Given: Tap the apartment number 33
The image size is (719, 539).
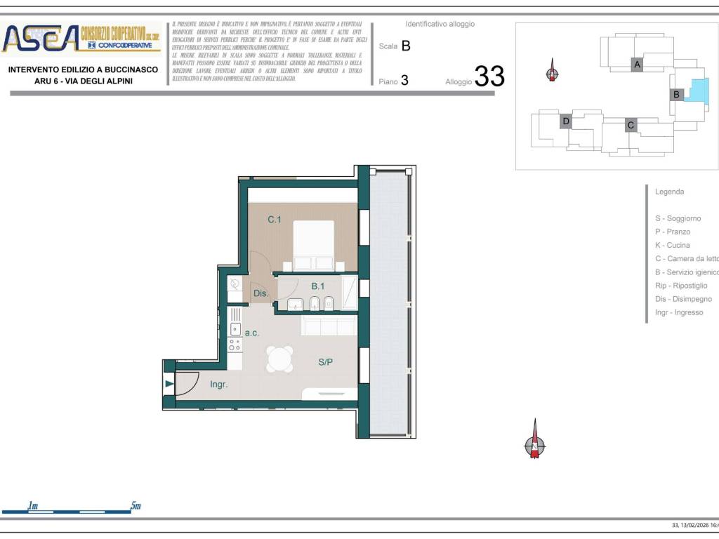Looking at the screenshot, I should click(x=489, y=76).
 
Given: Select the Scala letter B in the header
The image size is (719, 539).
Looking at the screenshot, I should click(x=406, y=46).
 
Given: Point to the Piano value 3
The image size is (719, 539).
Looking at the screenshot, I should click(x=404, y=81).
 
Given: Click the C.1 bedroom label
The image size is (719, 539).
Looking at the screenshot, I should click(x=275, y=220).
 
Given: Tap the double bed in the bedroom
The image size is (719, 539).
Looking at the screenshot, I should click(x=314, y=244).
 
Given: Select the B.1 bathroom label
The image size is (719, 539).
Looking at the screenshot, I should click(x=318, y=286).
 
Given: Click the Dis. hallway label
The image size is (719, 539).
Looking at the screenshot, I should click(x=260, y=293).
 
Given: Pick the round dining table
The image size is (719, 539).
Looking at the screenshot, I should click(x=279, y=359).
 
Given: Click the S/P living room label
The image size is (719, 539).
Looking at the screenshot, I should click(x=326, y=362).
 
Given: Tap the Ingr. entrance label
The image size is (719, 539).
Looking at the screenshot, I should click(x=218, y=385).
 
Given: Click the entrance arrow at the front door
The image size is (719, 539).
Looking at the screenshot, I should click(x=169, y=383).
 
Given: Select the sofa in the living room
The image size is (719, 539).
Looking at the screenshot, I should click(x=329, y=326).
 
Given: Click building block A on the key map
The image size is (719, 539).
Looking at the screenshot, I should click(x=637, y=65).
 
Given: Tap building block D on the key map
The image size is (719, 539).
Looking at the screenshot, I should click(x=566, y=121).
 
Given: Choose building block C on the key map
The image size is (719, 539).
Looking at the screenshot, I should click(x=631, y=125).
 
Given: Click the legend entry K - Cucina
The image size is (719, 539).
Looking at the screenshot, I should click(x=672, y=245).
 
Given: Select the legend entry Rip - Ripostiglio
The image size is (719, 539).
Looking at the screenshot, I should click(x=681, y=286).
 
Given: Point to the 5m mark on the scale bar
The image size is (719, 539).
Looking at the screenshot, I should click(x=135, y=506).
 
